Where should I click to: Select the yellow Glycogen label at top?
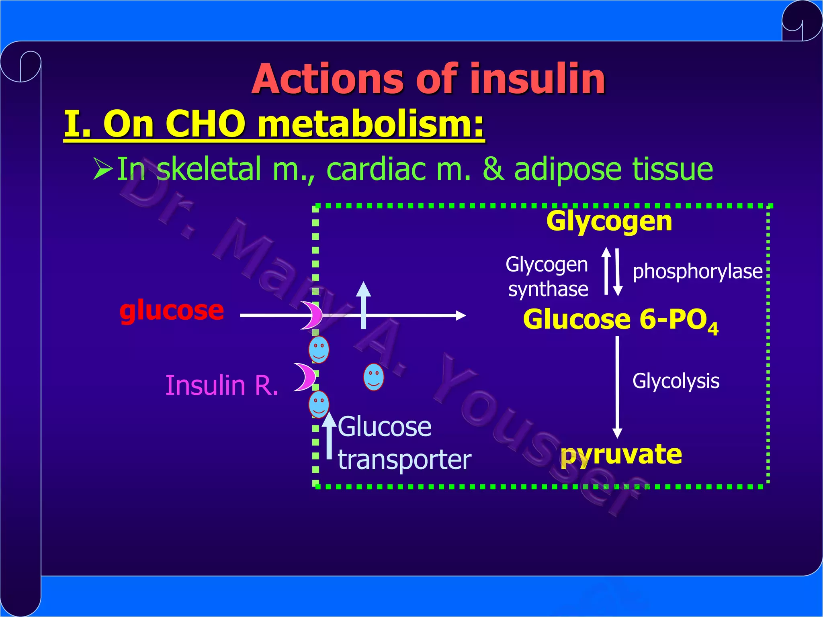coord(609,221)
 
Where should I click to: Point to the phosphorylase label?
coord(697,272)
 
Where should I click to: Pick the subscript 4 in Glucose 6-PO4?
coord(713,329)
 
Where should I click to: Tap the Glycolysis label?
coord(676,381)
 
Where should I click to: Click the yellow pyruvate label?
coord(621,455)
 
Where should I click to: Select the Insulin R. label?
coord(222,385)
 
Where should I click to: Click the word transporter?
coord(404,460)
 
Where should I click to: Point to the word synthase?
coord(548,289)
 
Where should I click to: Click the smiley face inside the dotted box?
coord(373,377)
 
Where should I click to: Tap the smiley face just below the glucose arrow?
coord(319,350)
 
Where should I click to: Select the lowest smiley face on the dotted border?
coord(319,404)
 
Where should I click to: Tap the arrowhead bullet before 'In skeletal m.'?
coord(103,169)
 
